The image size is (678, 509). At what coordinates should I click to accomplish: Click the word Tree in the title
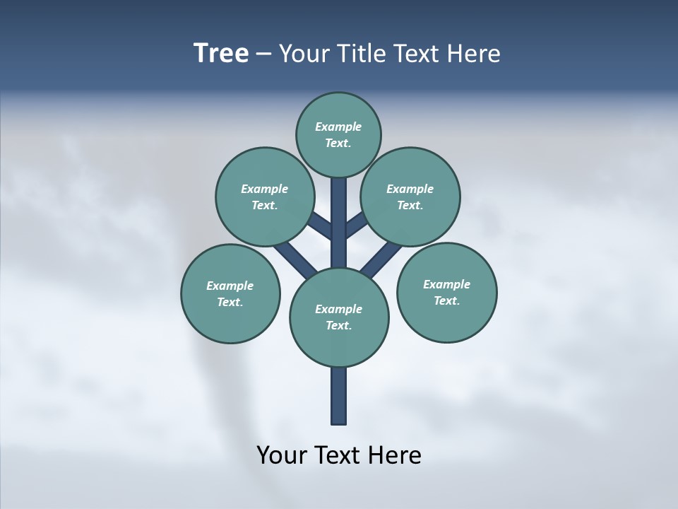pyautogui.click(x=221, y=54)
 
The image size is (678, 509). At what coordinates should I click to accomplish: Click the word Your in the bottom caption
pyautogui.click(x=281, y=455)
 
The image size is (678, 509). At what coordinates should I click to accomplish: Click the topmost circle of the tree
pyautogui.click(x=338, y=134)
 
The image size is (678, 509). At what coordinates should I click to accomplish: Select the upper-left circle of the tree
pyautogui.click(x=264, y=197)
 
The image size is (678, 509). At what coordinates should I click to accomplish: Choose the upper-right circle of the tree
pyautogui.click(x=410, y=197)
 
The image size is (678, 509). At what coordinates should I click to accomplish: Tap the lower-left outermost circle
pyautogui.click(x=230, y=293)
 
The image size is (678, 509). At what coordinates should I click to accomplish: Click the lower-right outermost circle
pyautogui.click(x=446, y=292)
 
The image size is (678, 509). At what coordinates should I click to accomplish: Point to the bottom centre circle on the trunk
pyautogui.click(x=339, y=317)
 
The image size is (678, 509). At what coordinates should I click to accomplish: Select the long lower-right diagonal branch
pyautogui.click(x=381, y=259)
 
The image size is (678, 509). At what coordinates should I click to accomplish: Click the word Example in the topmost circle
pyautogui.click(x=338, y=127)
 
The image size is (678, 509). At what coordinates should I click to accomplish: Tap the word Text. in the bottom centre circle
pyautogui.click(x=338, y=325)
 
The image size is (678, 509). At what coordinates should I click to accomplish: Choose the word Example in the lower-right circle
pyautogui.click(x=446, y=284)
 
